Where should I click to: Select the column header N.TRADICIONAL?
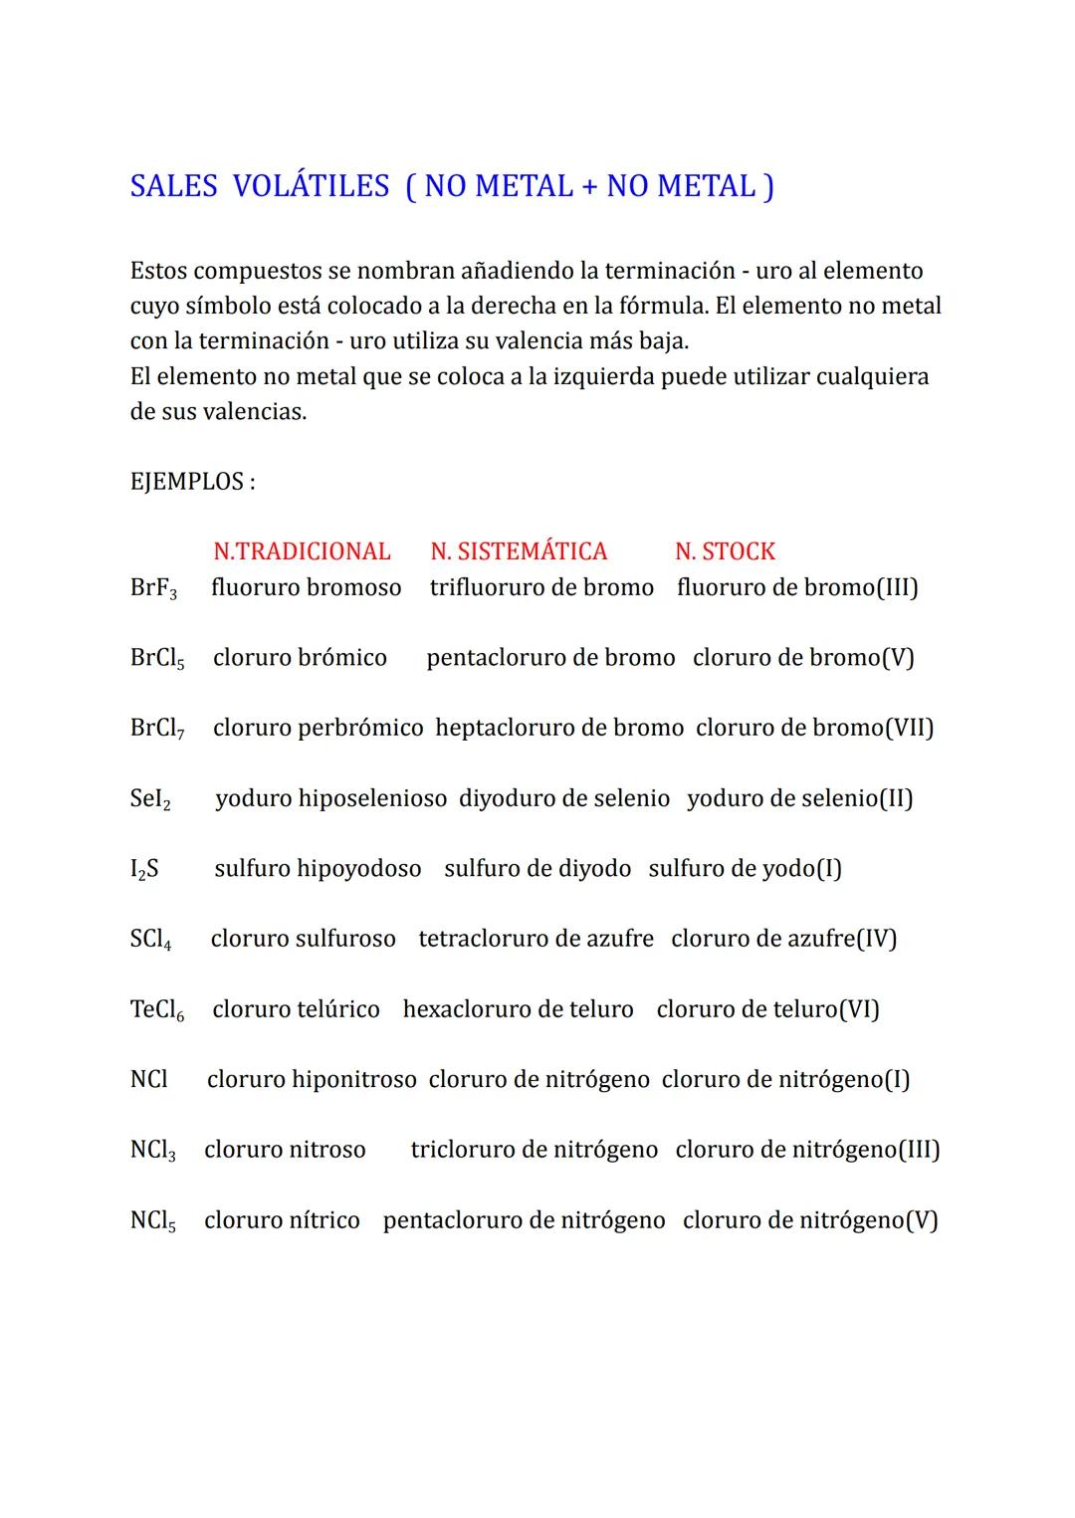302,551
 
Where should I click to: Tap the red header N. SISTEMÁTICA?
519,551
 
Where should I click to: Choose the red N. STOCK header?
725,551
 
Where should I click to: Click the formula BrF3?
153,588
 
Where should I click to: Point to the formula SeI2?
150,799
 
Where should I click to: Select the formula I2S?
144,869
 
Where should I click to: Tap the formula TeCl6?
157,1010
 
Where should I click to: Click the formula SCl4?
150,940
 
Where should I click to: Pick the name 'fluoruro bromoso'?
306,587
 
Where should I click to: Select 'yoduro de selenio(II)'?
799,798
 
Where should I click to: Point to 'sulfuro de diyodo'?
537,869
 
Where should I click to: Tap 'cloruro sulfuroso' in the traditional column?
303,939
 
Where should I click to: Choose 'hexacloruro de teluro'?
518,1009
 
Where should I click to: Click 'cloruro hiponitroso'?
312,1080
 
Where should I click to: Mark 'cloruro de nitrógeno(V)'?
810,1220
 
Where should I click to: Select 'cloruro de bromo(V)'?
803,658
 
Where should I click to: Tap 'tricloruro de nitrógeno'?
534,1151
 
